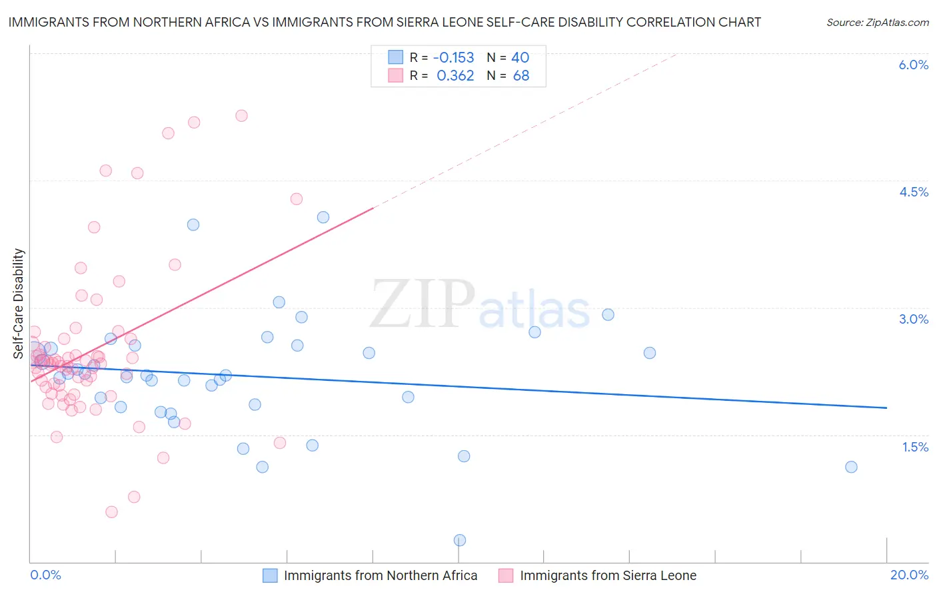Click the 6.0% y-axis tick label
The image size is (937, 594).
click(913, 65)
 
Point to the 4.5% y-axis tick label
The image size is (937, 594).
click(913, 192)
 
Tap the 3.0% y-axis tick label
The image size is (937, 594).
click(913, 319)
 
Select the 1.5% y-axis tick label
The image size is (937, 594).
click(915, 447)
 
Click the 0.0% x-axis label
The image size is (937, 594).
click(45, 575)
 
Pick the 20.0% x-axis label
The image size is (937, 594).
click(909, 575)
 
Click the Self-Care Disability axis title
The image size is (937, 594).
click(19, 304)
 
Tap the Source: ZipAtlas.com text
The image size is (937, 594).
click(877, 22)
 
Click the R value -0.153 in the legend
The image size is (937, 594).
click(453, 57)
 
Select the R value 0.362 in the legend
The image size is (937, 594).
click(455, 75)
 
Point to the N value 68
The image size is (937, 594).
click(521, 75)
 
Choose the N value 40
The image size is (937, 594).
click(520, 57)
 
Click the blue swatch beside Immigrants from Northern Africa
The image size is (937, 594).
click(270, 575)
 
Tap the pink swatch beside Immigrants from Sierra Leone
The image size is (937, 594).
click(506, 575)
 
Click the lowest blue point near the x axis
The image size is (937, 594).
click(459, 540)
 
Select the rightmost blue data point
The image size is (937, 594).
click(851, 467)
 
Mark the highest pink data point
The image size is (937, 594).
click(241, 115)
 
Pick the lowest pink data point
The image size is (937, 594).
click(111, 512)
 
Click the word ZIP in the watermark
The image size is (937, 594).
click(422, 305)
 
